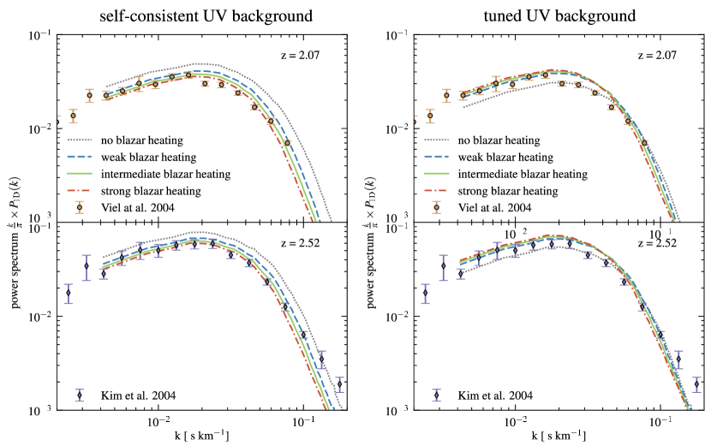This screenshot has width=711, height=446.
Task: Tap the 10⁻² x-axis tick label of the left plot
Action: point(160,423)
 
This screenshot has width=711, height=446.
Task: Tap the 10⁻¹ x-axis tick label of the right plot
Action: point(660,423)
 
